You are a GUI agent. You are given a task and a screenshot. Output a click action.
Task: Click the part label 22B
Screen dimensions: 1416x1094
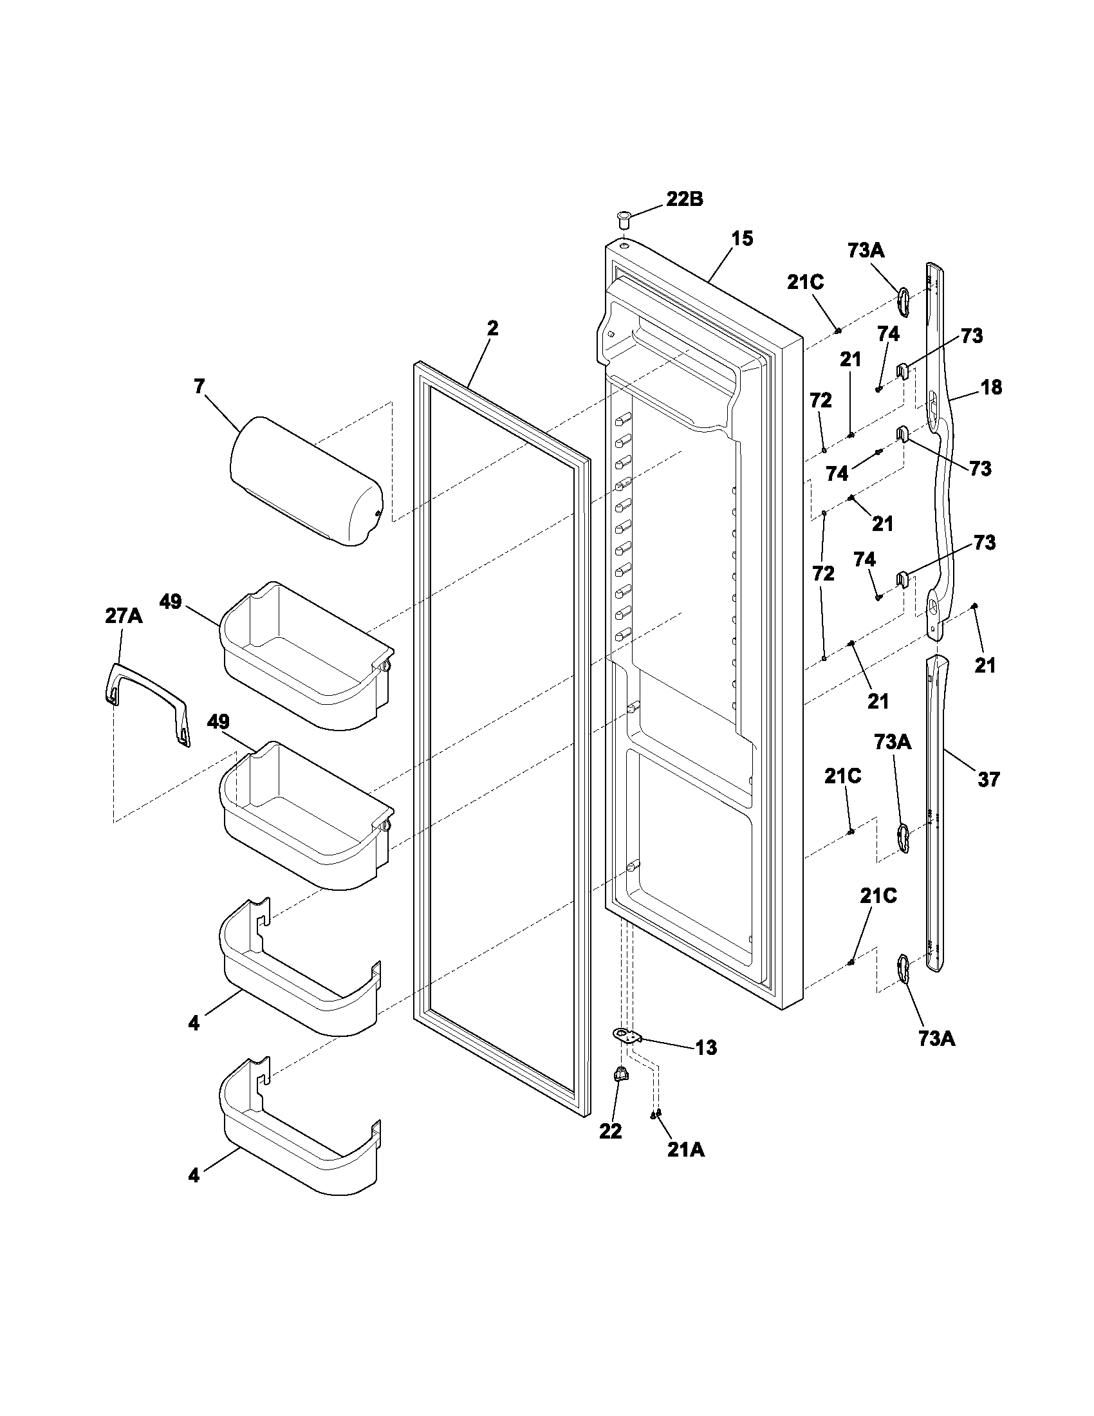685,199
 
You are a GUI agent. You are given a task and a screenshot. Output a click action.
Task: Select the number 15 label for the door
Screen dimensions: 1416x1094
743,239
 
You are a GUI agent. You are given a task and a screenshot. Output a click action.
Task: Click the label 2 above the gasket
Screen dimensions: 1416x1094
492,328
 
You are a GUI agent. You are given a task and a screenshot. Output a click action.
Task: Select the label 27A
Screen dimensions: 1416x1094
123,616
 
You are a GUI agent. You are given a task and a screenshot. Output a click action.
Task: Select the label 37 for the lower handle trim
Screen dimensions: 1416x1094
989,779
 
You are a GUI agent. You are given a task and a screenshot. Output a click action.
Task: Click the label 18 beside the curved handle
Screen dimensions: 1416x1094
992,387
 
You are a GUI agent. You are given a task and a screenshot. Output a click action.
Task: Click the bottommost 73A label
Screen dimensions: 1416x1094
936,1039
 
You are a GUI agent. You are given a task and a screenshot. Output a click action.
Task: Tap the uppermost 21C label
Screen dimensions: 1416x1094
806,282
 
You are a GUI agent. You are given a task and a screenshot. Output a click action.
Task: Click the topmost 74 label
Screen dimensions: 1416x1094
888,334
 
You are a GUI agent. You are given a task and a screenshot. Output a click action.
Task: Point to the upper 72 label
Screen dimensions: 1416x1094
820,401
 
